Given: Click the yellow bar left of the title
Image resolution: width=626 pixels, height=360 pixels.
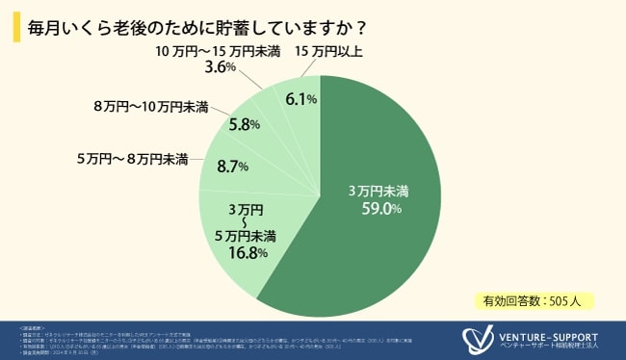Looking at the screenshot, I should (13, 26).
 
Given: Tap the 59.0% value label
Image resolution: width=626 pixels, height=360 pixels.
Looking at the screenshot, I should (375, 208).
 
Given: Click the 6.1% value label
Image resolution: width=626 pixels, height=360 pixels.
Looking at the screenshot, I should (301, 98).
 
